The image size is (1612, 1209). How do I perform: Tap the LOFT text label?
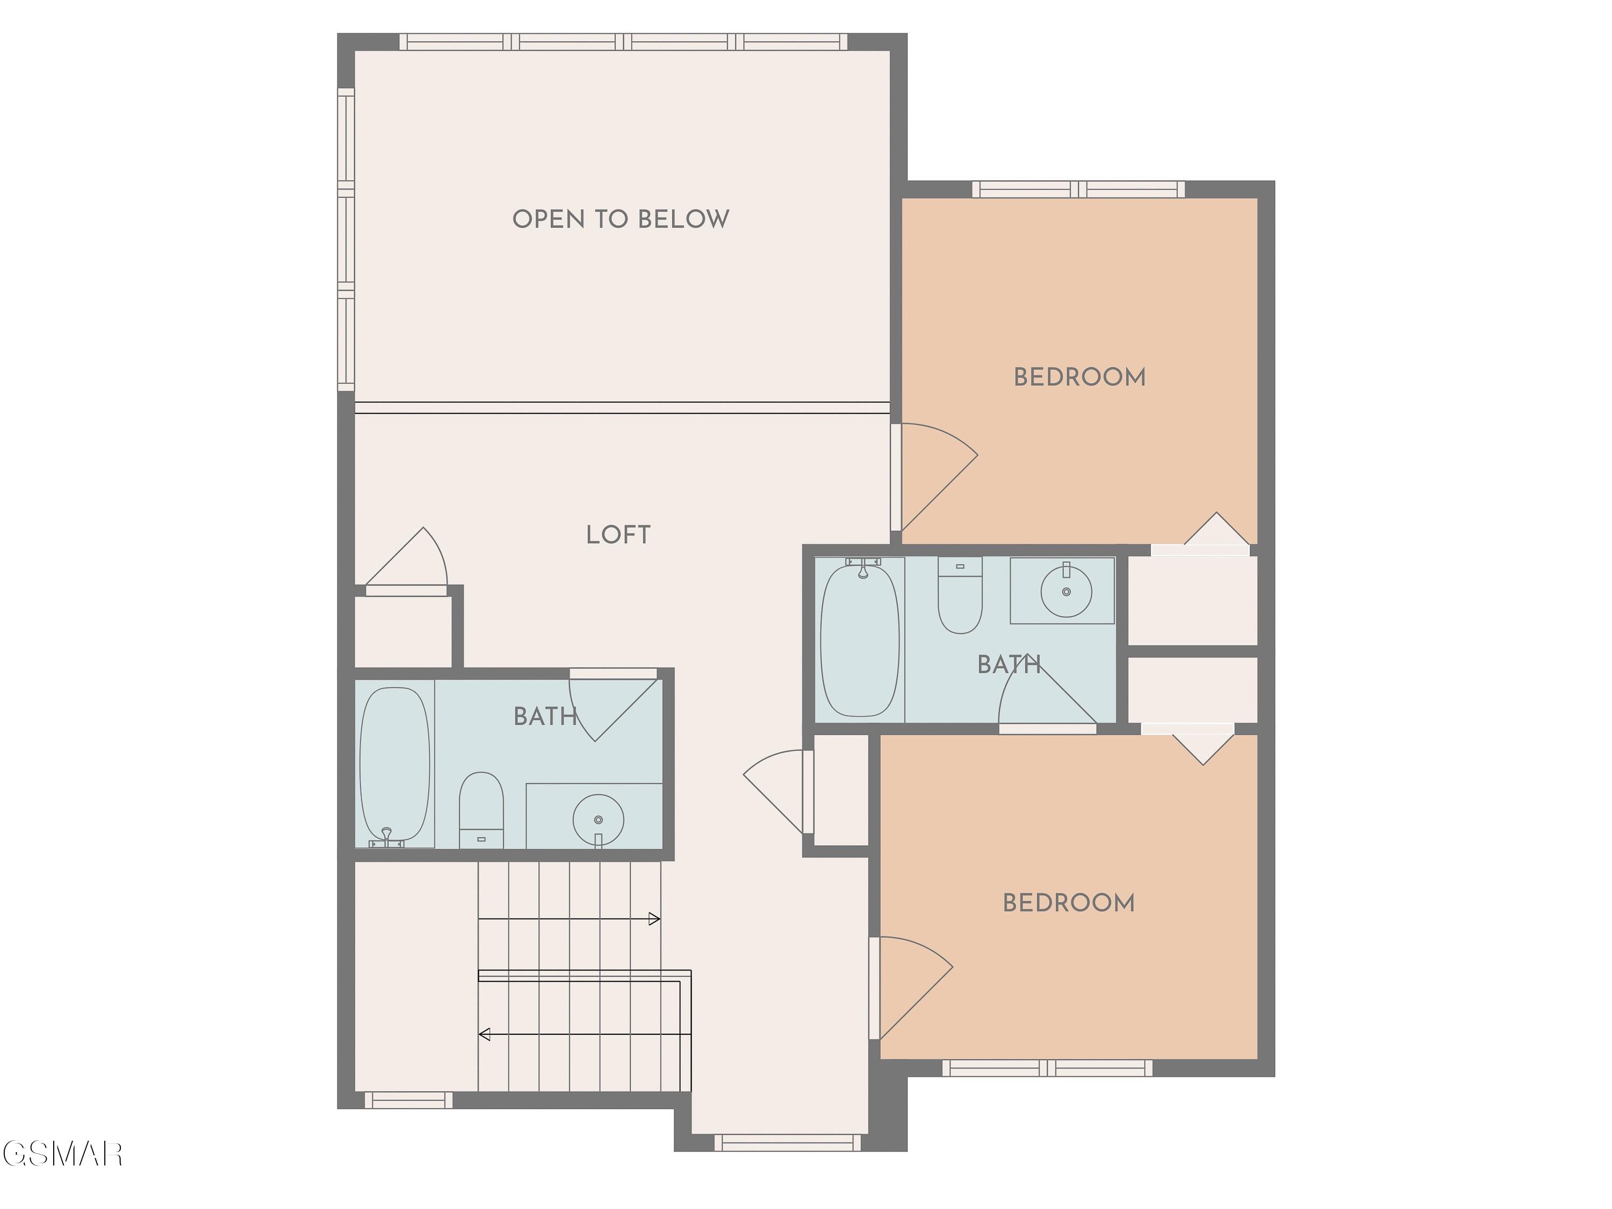tap(618, 535)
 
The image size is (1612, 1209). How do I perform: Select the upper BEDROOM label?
tap(1080, 377)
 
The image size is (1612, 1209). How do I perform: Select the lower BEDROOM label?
tap(1068, 903)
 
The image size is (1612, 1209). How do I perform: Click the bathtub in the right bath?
tap(860, 638)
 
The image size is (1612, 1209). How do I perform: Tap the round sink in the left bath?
tap(598, 820)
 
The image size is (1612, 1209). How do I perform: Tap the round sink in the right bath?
tap(1066, 591)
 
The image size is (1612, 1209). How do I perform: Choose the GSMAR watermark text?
tap(62, 1154)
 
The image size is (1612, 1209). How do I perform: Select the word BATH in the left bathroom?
tap(545, 716)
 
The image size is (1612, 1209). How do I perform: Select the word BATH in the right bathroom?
tap(1009, 665)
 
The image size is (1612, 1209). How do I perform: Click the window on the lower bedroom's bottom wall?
tap(1047, 1068)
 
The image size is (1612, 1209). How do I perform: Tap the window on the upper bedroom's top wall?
tap(1078, 190)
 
